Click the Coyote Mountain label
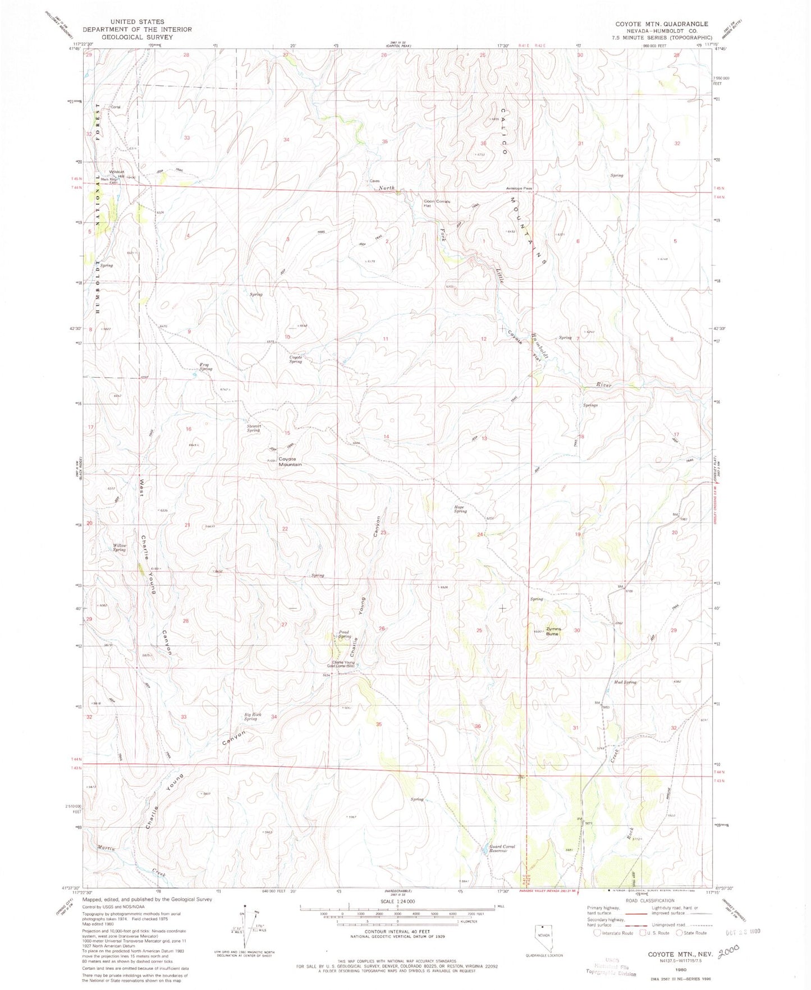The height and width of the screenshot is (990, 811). (x=290, y=462)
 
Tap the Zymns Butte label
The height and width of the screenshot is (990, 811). (x=553, y=631)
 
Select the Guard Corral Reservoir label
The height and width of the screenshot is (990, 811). (x=502, y=849)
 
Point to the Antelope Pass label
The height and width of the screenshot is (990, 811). (x=519, y=189)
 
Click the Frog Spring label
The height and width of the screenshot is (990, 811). (x=206, y=366)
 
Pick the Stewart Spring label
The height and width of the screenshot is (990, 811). (x=254, y=428)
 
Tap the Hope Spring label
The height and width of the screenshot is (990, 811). (x=460, y=509)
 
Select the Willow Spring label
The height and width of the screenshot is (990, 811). (x=119, y=547)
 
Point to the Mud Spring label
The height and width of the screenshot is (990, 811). (x=625, y=682)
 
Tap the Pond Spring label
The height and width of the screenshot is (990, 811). (x=345, y=634)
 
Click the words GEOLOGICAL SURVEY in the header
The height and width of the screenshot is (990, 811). (x=137, y=37)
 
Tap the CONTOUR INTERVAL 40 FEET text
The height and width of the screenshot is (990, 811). (x=397, y=933)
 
